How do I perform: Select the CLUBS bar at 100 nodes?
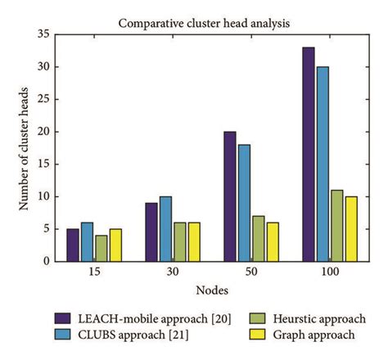pos(323,164)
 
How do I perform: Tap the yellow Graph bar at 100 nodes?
pos(352,229)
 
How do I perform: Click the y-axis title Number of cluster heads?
pos(25,147)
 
